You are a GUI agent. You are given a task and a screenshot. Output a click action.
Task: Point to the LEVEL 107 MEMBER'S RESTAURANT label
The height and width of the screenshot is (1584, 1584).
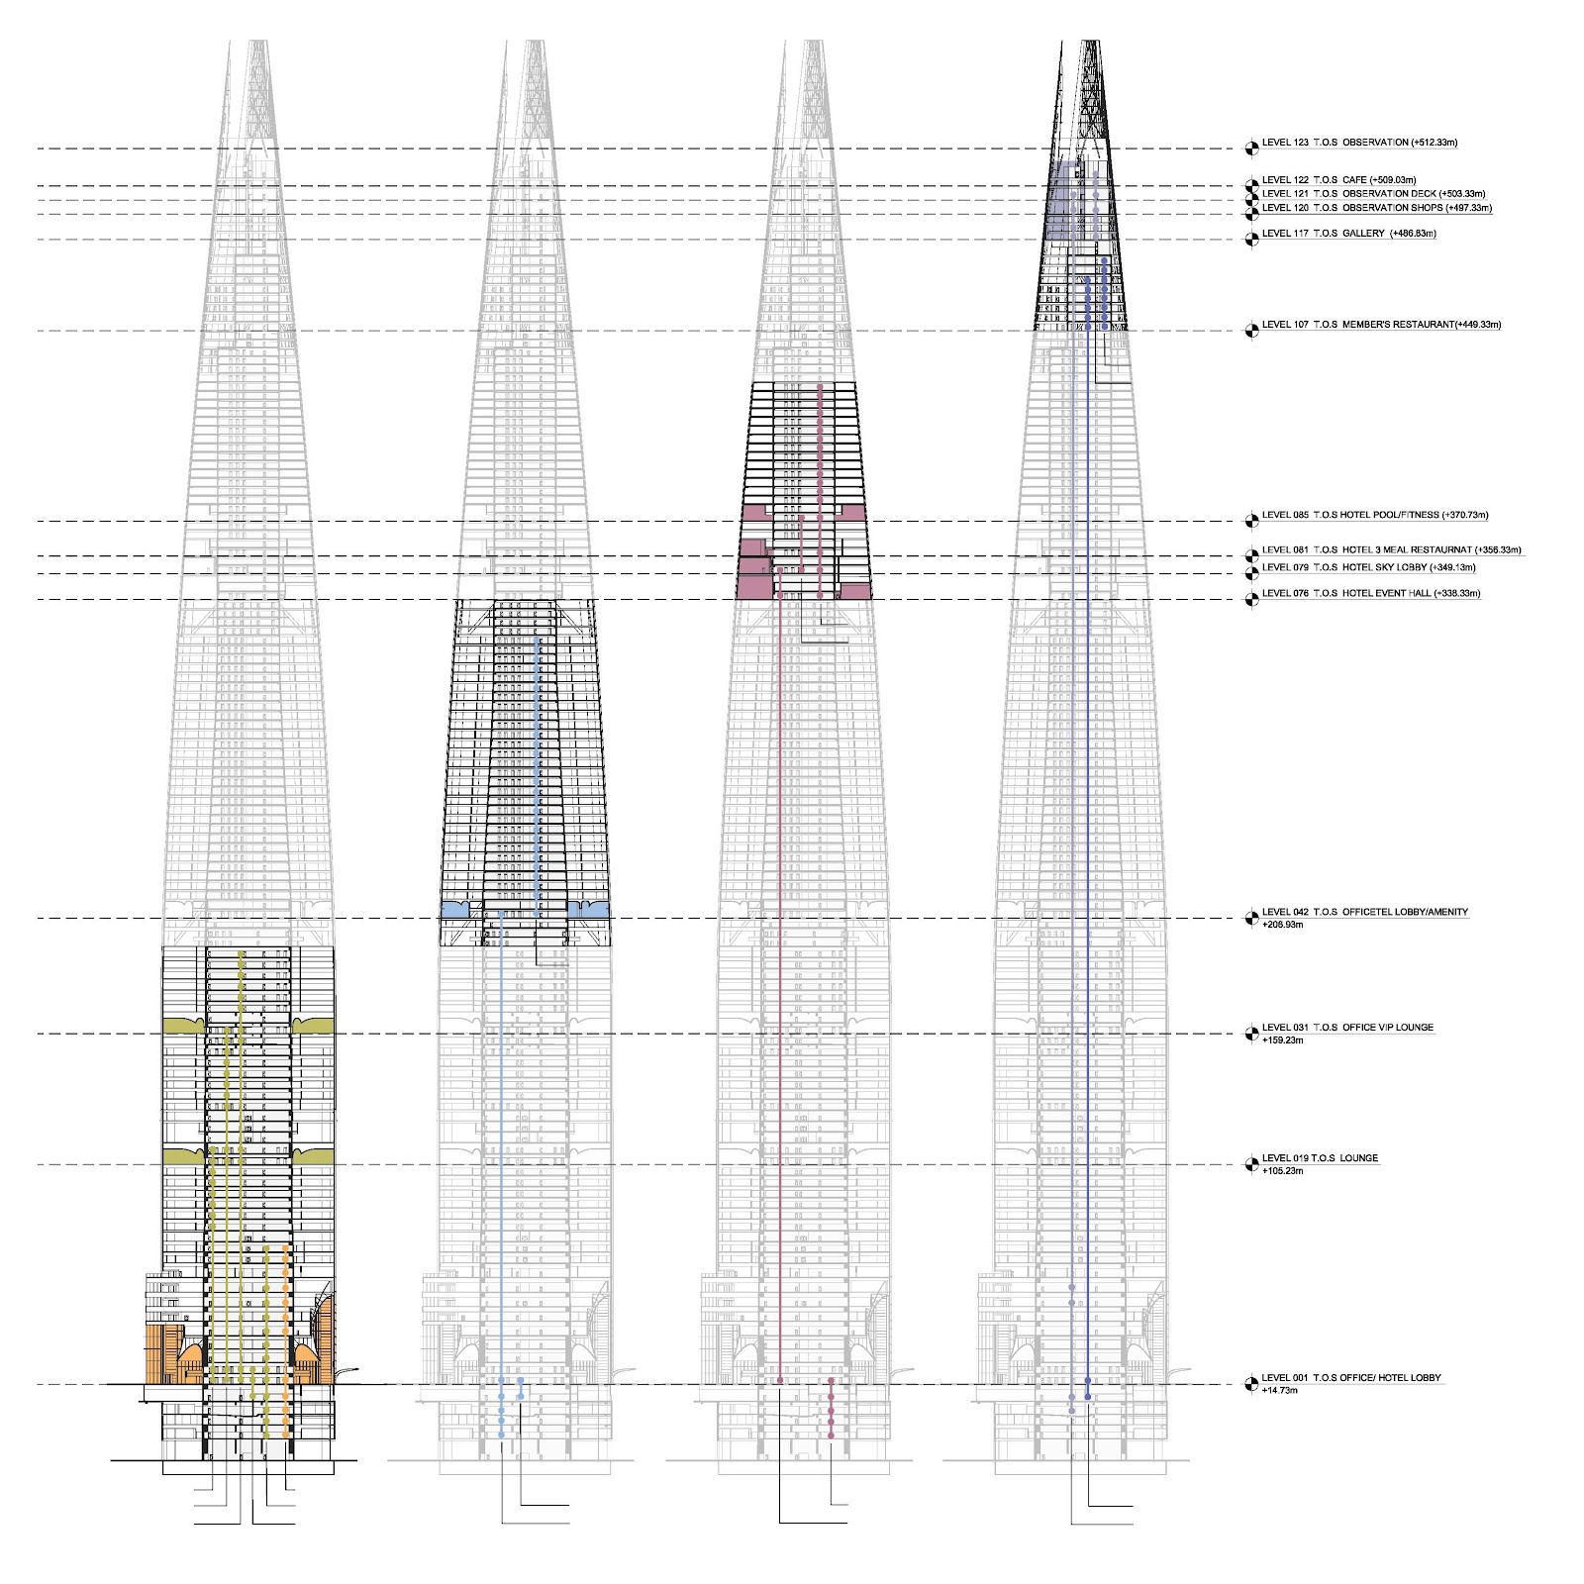click(1381, 325)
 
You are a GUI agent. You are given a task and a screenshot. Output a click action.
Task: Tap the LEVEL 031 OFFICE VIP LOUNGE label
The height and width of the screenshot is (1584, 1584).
click(1347, 1028)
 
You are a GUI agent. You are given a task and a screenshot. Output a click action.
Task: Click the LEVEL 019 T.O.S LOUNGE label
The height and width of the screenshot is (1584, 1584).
click(1321, 1158)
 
